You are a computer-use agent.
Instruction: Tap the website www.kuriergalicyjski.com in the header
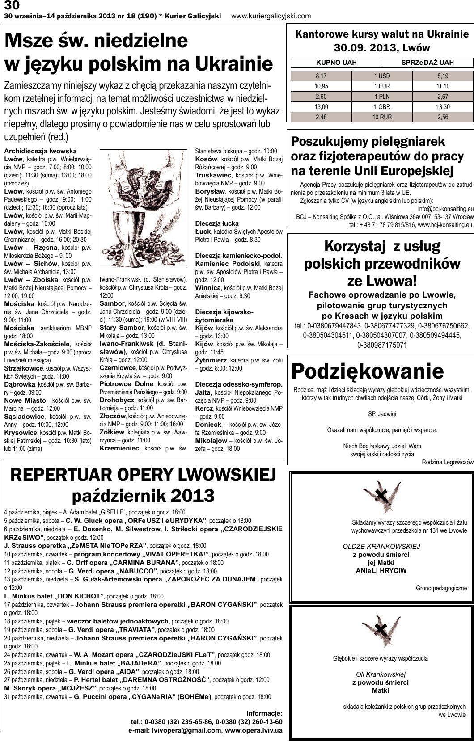click(x=271, y=16)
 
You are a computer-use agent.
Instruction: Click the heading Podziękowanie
click(x=368, y=371)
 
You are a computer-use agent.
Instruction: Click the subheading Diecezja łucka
click(x=217, y=223)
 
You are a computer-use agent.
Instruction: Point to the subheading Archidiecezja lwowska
click(x=40, y=151)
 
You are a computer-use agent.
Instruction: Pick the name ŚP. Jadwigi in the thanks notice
click(x=381, y=414)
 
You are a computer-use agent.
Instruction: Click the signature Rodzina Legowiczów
click(x=447, y=463)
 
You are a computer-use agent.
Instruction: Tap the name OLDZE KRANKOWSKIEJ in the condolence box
click(x=381, y=546)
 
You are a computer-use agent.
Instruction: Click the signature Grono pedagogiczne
click(x=441, y=588)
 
